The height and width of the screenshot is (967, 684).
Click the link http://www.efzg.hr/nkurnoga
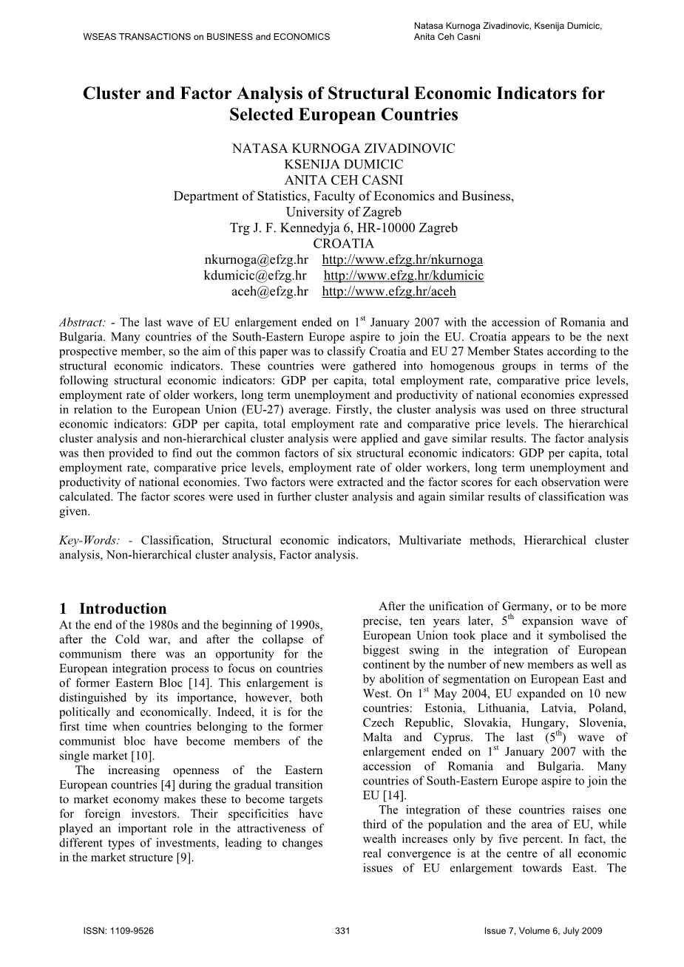pos(402,260)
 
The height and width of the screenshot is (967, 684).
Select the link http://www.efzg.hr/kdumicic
pos(404,276)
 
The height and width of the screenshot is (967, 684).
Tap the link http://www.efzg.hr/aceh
pos(389,291)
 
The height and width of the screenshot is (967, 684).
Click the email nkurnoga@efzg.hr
pos(255,260)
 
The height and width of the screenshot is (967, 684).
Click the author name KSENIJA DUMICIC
pos(343,164)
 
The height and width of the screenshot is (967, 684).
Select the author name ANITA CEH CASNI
pos(343,180)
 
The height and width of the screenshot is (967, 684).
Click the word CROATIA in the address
pos(343,244)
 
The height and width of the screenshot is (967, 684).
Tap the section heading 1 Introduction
pos(113,609)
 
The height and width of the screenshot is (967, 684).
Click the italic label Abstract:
pos(83,322)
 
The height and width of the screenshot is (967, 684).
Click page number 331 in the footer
pos(342,931)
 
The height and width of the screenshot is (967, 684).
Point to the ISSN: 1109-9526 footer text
pos(119,931)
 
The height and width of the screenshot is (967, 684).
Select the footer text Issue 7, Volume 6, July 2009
pos(538,931)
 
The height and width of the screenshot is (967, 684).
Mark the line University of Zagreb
pos(343,212)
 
